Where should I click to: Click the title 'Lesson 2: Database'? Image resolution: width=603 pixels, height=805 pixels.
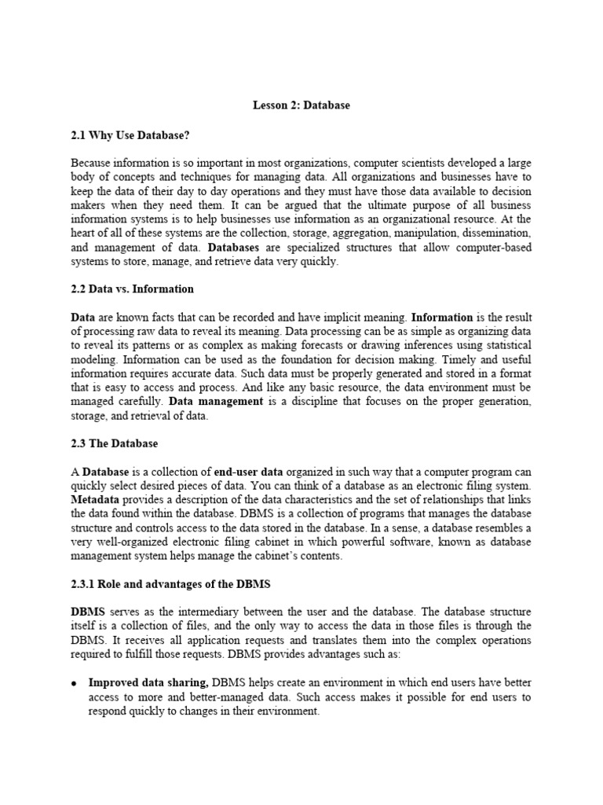(x=301, y=105)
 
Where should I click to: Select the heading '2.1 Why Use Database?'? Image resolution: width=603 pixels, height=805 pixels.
(x=130, y=135)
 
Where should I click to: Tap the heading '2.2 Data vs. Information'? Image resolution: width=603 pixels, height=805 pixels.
(x=132, y=289)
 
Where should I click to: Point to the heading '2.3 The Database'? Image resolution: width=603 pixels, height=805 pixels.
(x=114, y=443)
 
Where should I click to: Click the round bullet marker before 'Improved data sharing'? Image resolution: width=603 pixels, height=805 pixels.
(x=73, y=683)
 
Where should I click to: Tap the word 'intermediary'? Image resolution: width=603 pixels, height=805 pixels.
(x=200, y=612)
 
